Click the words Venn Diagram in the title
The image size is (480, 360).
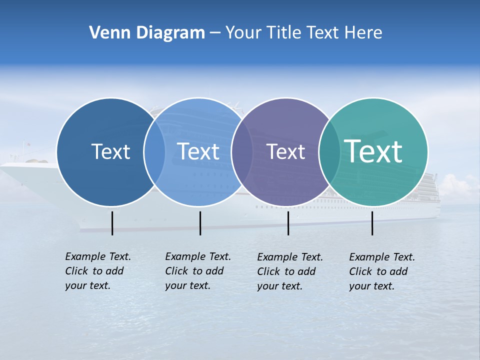(x=146, y=33)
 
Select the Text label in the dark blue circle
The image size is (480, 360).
(x=110, y=151)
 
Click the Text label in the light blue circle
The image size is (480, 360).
(x=198, y=151)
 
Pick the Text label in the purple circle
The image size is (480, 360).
(x=285, y=151)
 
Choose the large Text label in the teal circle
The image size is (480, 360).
(x=373, y=151)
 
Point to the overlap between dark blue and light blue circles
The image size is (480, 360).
(x=154, y=151)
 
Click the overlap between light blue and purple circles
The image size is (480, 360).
(x=242, y=151)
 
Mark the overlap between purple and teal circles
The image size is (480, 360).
(x=329, y=151)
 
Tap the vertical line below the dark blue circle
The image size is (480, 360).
(x=112, y=223)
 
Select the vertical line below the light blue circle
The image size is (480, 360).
(x=200, y=223)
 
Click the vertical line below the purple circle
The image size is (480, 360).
(x=288, y=223)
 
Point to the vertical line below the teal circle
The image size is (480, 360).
(x=372, y=223)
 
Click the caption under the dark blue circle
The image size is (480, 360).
(x=97, y=271)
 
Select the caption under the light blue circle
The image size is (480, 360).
(x=197, y=271)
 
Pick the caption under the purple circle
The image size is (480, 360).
(x=289, y=271)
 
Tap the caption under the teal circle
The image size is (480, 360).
(x=381, y=271)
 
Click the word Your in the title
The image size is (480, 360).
(x=244, y=33)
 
